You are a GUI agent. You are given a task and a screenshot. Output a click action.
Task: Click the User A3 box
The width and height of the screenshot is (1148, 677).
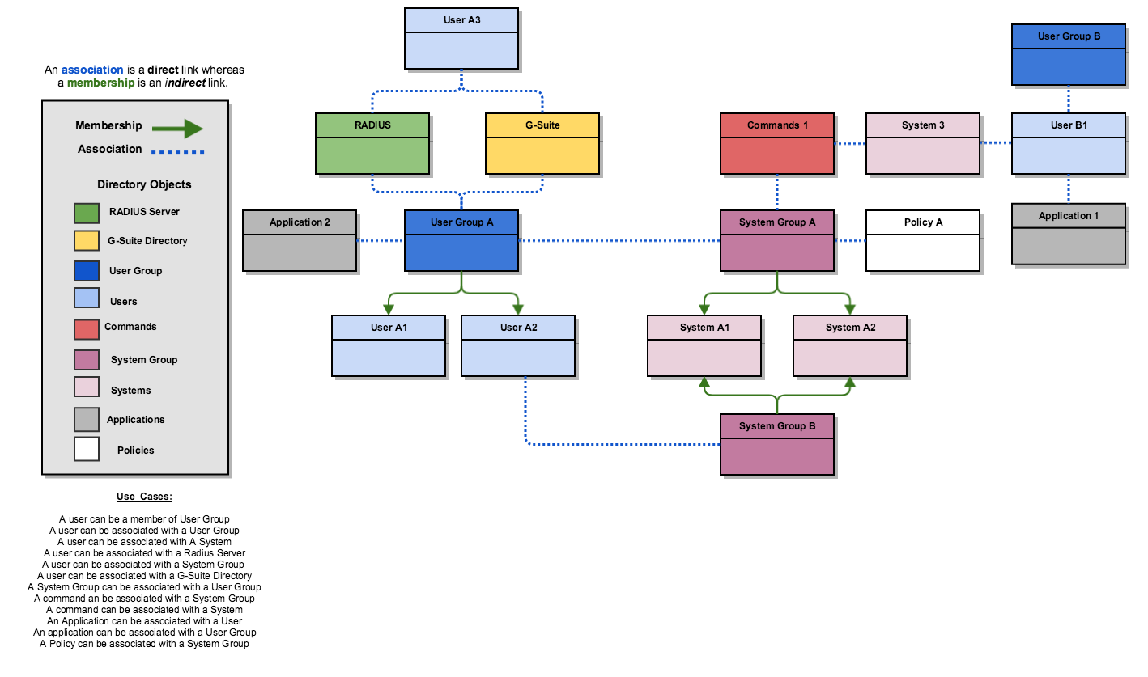[461, 38]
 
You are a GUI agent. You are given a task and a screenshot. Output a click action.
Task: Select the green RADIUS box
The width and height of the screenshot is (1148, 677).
[372, 144]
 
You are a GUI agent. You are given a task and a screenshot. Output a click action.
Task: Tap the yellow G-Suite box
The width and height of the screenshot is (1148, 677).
[542, 144]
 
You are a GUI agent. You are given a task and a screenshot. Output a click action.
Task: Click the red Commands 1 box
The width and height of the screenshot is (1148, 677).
[777, 144]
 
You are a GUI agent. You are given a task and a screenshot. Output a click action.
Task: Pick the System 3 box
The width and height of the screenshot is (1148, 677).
[923, 144]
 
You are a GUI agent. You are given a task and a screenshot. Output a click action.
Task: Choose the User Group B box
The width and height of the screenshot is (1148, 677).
[1069, 54]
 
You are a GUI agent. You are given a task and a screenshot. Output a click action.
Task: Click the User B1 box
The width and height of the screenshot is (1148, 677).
[1069, 144]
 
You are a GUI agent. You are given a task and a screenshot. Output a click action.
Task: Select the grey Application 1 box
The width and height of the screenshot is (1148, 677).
[1069, 234]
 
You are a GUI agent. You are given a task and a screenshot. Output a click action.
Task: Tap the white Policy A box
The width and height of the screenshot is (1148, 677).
[923, 240]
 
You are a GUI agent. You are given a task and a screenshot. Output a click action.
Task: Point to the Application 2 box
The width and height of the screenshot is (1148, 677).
[300, 240]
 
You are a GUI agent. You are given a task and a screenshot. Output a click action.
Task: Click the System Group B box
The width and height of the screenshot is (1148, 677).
[777, 444]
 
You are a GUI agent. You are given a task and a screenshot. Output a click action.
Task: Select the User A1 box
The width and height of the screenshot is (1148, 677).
[389, 345]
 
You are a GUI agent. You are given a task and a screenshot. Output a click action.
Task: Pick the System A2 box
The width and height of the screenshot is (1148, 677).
[850, 345]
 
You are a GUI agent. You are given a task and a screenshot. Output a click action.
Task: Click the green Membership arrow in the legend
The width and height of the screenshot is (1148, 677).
[177, 129]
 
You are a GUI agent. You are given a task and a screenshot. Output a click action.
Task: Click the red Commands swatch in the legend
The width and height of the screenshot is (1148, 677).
[87, 329]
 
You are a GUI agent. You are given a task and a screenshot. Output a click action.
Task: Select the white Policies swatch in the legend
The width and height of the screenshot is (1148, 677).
[87, 449]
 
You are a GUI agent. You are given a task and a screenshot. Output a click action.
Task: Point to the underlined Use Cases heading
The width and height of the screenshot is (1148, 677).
[144, 497]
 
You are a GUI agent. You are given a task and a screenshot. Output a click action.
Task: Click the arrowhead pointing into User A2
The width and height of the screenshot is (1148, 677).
[518, 309]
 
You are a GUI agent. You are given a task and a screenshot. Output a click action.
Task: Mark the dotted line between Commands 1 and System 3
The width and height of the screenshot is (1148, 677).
[850, 144]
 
